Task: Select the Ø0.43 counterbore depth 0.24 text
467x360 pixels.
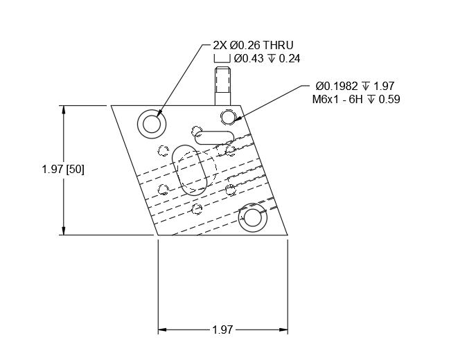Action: [x=266, y=59]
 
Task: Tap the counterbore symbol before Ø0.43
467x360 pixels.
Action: [x=221, y=59]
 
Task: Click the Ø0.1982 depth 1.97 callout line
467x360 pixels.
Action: [x=354, y=86]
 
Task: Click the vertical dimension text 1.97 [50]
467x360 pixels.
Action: [x=63, y=169]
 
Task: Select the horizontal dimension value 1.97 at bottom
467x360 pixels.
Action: [x=222, y=330]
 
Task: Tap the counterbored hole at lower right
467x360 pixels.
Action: [x=253, y=218]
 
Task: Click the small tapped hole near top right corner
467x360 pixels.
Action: [x=228, y=116]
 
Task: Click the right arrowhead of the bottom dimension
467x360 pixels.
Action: [x=284, y=330]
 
